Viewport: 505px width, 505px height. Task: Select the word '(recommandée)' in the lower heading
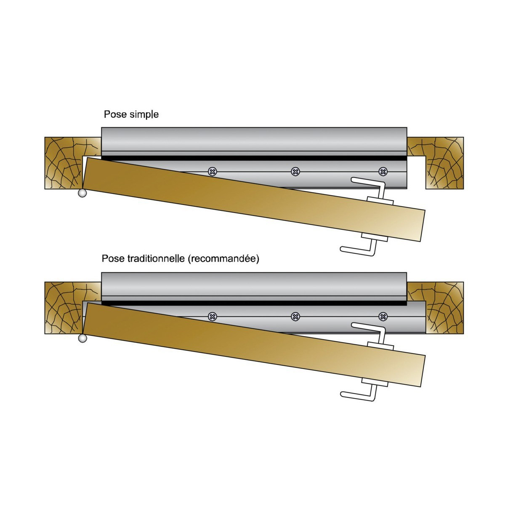(223, 259)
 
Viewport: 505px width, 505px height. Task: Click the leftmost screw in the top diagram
(213, 172)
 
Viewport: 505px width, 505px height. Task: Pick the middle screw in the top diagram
(295, 172)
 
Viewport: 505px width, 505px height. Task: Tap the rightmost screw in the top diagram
(383, 172)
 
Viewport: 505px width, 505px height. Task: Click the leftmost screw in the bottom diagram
(213, 317)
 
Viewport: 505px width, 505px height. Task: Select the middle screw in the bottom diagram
(295, 317)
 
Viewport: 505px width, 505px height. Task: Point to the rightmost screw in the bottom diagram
(383, 317)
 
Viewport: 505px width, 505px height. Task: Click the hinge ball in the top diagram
(82, 193)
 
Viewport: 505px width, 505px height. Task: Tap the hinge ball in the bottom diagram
(82, 338)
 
